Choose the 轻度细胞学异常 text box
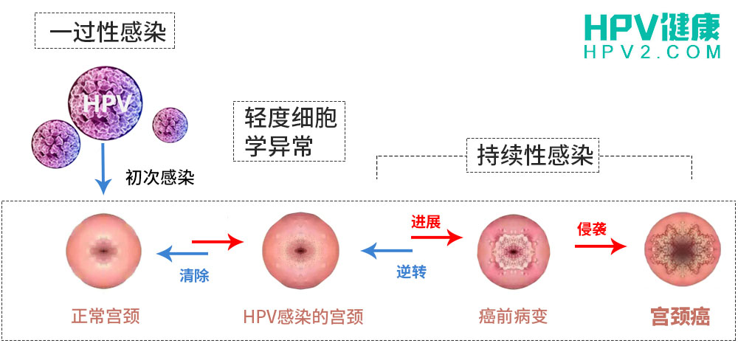pos(289,131)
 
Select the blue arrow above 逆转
pos(385,251)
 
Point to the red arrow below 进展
pos(437,237)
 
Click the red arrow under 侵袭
pos(599,247)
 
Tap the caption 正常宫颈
pos(105,316)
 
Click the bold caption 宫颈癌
pos(680,316)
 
